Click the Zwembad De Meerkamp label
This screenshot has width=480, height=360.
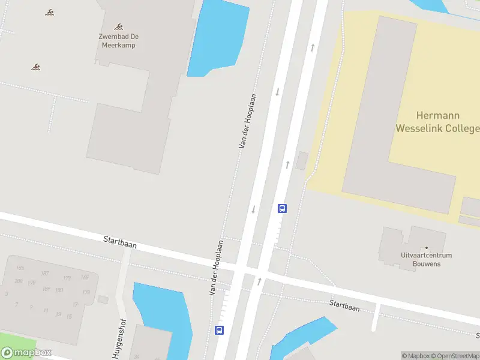tap(118, 40)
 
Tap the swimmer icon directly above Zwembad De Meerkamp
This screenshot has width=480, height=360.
tap(119, 26)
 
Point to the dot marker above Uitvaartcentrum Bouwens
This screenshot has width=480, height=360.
tap(426, 247)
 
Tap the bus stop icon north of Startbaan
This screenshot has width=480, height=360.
tap(282, 209)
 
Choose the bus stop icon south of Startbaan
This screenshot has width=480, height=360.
tap(220, 330)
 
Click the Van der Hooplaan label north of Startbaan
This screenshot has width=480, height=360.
tap(248, 121)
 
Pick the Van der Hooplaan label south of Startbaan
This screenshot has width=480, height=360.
tap(216, 268)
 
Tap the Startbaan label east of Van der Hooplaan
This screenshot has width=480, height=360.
tap(344, 305)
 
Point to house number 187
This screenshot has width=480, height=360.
tap(45, 273)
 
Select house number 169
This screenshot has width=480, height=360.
tap(85, 277)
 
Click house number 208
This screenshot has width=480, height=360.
tap(19, 281)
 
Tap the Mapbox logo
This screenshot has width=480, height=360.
tap(26, 353)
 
